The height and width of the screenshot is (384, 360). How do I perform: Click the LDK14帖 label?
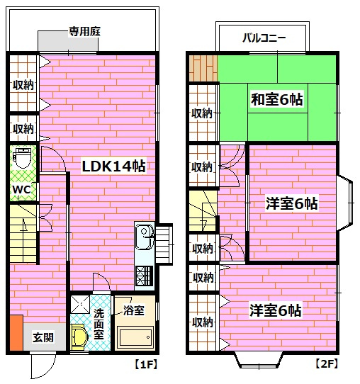point(113,166)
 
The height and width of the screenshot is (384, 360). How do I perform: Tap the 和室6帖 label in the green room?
point(276,100)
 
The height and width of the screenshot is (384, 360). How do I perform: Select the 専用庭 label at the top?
point(83,31)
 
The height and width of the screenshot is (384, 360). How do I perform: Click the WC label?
point(21,190)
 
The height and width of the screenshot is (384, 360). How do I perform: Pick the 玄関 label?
point(43,338)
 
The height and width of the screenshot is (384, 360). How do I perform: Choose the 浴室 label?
point(133,310)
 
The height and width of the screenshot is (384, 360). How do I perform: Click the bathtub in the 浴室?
point(135,337)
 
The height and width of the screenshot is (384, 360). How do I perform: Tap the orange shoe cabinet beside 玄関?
point(16,334)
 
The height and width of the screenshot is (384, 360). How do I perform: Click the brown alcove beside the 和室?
point(203,68)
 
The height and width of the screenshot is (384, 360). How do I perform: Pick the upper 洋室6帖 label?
point(291,203)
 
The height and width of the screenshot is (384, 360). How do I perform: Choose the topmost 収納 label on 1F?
point(23,85)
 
